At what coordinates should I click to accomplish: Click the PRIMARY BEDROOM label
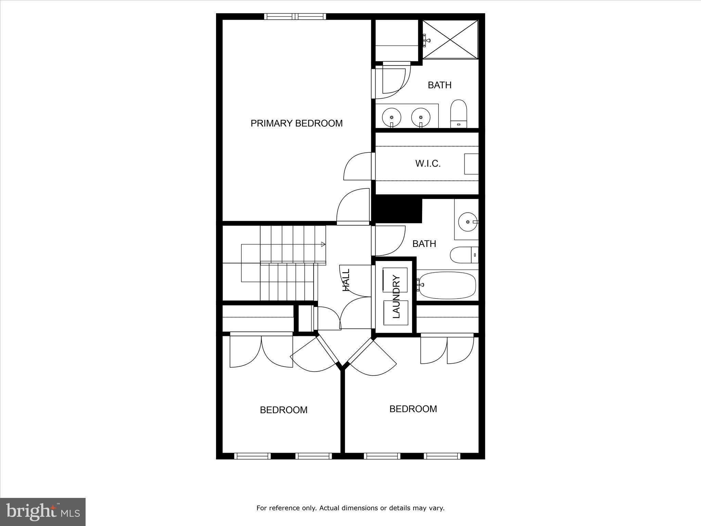pyautogui.click(x=296, y=123)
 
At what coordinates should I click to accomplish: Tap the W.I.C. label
pyautogui.click(x=428, y=164)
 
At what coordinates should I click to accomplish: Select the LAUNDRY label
pyautogui.click(x=396, y=297)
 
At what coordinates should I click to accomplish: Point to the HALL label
pyautogui.click(x=346, y=280)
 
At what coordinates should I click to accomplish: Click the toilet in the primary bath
pyautogui.click(x=459, y=114)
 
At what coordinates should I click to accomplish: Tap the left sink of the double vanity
pyautogui.click(x=391, y=117)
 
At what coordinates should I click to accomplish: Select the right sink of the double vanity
pyautogui.click(x=420, y=117)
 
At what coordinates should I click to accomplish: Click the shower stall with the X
pyautogui.click(x=450, y=39)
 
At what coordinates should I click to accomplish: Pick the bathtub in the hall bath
pyautogui.click(x=447, y=285)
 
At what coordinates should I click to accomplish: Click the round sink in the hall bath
pyautogui.click(x=468, y=222)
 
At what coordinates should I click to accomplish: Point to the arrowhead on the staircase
pyautogui.click(x=323, y=244)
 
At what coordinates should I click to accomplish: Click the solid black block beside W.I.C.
pyautogui.click(x=397, y=211)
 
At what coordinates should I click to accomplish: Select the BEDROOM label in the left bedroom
pyautogui.click(x=283, y=410)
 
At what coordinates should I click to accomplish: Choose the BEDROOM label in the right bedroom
pyautogui.click(x=413, y=409)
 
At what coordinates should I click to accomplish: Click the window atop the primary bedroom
pyautogui.click(x=295, y=16)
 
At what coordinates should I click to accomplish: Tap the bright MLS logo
pyautogui.click(x=43, y=512)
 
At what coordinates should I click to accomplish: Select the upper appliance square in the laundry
pyautogui.click(x=395, y=280)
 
